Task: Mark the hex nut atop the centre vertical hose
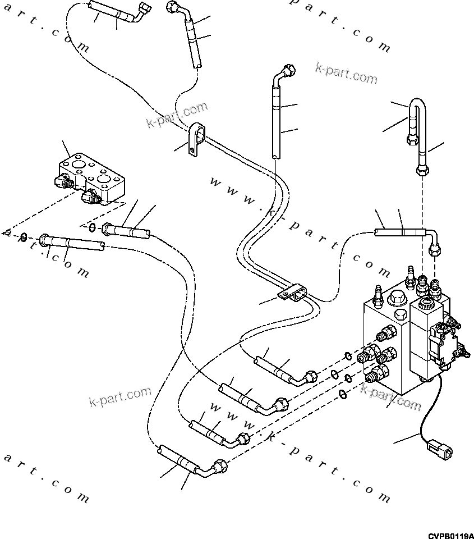pos(288,72)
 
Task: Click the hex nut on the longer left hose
pos(45,240)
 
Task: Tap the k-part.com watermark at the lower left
pos(120,396)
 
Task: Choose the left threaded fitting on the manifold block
pos(67,183)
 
